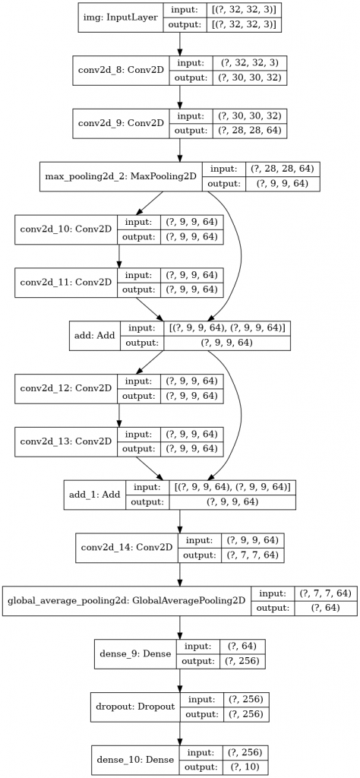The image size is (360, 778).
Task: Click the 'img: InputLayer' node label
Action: click(x=121, y=18)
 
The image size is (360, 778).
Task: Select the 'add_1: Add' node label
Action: click(x=95, y=495)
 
